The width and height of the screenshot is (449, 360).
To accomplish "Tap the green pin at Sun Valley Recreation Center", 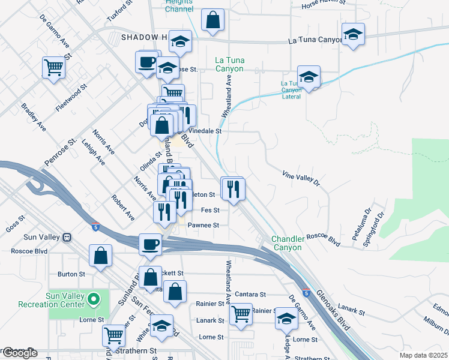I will pos(94,298).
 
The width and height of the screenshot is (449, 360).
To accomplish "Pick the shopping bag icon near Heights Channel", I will pos(212,21).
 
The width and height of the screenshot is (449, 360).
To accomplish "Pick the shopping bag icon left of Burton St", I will pos(101,256).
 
